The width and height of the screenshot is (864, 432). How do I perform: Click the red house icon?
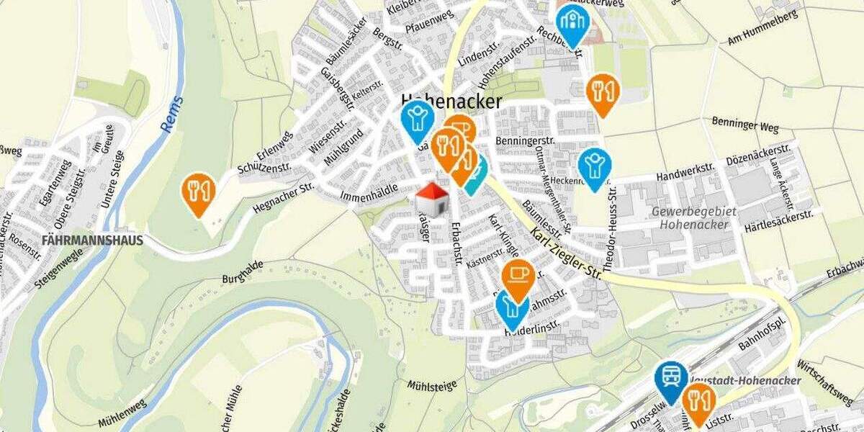tap(433, 199)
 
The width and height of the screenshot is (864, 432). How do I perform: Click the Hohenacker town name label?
tap(451, 102)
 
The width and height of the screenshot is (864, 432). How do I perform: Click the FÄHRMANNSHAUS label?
tap(93, 240)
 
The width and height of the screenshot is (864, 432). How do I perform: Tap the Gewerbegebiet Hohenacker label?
tap(690, 217)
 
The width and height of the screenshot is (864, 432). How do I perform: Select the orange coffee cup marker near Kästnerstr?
tap(517, 277)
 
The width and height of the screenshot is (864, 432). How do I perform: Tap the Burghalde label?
tap(240, 272)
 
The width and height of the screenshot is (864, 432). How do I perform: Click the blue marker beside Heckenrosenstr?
tap(594, 166)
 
